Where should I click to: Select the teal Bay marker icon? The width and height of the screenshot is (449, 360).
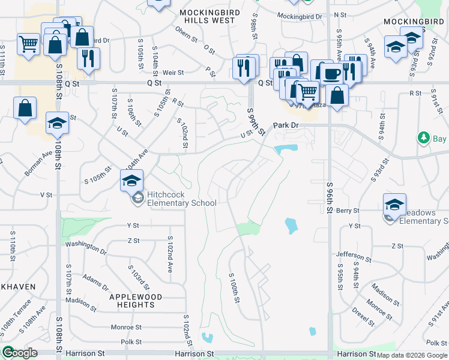pos(423,138)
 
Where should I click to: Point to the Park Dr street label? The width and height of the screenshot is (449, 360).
pos(286,125)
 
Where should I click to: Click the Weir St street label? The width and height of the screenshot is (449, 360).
pos(173,73)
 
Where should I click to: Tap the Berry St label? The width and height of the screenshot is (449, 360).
pos(348,211)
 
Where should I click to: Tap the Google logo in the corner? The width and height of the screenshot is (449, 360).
pos(20,353)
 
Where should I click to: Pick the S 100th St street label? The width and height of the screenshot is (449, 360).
pos(235,288)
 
